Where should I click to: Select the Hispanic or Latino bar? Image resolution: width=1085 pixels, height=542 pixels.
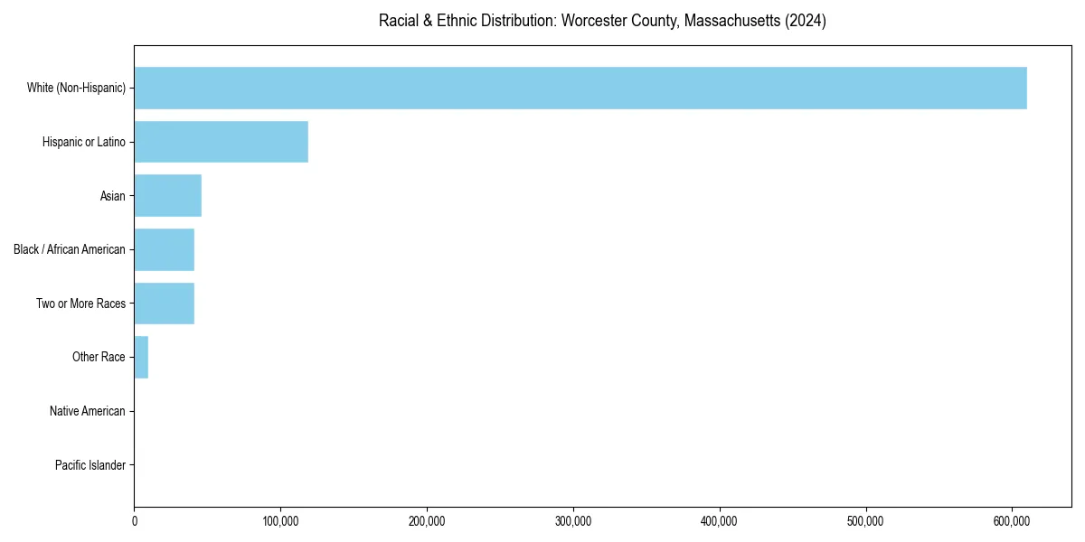click(x=222, y=142)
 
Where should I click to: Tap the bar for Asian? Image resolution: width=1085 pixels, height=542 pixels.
click(x=168, y=196)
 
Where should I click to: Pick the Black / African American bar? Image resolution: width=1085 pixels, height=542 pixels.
click(x=165, y=249)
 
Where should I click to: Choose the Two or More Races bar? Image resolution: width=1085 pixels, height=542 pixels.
click(x=165, y=304)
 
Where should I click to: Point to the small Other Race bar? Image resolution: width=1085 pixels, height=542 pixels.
click(x=141, y=358)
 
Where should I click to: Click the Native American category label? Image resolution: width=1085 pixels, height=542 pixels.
click(x=87, y=411)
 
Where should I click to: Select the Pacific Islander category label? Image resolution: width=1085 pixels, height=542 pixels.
click(x=90, y=465)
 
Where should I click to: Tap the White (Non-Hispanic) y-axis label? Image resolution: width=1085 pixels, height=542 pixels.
click(x=76, y=88)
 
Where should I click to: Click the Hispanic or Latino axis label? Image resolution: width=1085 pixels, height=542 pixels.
click(x=83, y=142)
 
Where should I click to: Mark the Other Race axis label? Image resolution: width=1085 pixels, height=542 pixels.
click(x=99, y=358)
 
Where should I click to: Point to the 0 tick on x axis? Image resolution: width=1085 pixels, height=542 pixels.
click(x=135, y=521)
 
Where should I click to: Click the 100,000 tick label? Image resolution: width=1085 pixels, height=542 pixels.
click(x=280, y=521)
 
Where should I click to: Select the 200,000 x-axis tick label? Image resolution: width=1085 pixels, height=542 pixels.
click(x=427, y=521)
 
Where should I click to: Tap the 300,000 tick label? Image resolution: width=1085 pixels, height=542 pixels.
click(x=573, y=521)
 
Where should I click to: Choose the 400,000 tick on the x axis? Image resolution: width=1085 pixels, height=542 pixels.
click(x=720, y=521)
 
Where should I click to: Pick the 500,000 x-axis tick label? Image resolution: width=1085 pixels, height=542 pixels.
click(x=866, y=521)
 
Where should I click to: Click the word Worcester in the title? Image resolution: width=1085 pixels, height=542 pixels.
click(x=592, y=21)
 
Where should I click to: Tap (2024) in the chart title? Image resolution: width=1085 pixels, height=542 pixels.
click(x=806, y=21)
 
